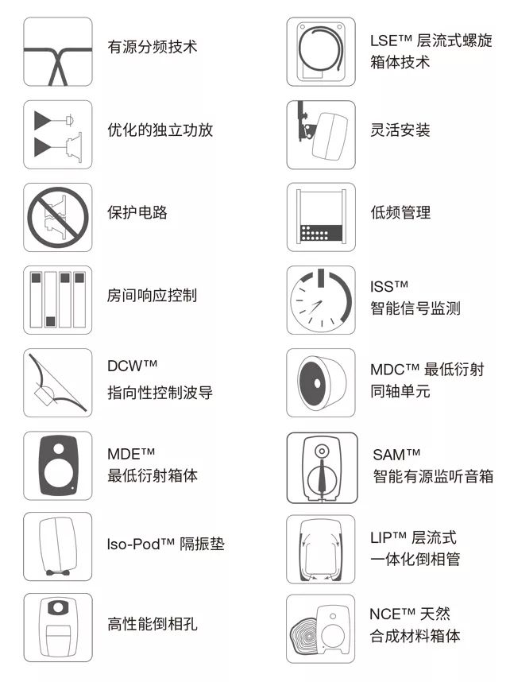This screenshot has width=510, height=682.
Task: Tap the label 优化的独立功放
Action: click(x=160, y=130)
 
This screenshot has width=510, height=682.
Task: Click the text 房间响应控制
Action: click(x=152, y=296)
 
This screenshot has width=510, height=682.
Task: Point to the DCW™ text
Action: click(x=133, y=366)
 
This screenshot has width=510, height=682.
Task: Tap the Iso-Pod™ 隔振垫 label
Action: click(x=165, y=544)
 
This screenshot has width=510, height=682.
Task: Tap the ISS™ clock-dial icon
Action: click(x=321, y=300)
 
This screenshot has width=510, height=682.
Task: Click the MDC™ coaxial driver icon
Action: click(x=321, y=383)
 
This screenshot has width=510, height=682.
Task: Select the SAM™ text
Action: click(x=396, y=455)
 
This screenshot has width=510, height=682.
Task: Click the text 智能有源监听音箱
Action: click(x=433, y=477)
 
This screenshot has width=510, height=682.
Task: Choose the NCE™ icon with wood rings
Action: click(x=321, y=628)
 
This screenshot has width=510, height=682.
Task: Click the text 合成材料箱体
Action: click(x=415, y=636)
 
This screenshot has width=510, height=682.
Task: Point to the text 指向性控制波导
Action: click(x=160, y=393)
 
